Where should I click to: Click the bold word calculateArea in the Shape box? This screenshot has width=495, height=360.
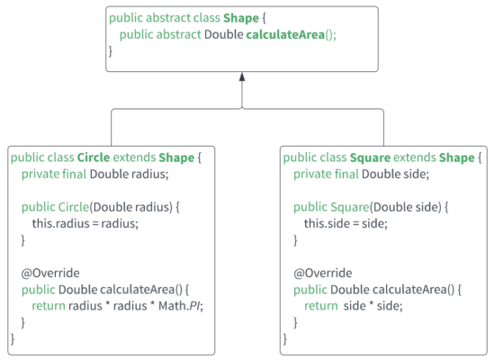[285, 34]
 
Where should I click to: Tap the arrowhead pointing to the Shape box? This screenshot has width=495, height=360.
[242, 76]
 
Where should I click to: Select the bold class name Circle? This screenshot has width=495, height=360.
[94, 157]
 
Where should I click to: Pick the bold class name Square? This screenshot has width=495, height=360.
[370, 157]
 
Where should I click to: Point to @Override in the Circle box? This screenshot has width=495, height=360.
[50, 273]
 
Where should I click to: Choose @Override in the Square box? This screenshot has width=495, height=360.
[322, 273]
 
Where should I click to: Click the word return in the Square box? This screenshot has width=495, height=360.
[321, 306]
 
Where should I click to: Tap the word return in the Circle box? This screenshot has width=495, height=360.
[49, 306]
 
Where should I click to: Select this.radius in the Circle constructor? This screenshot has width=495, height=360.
[61, 223]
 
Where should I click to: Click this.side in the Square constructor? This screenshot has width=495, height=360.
[327, 223]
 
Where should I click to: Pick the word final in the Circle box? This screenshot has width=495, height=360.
[74, 174]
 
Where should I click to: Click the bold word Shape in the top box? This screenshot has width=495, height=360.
[241, 18]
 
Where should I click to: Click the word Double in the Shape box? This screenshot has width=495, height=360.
[224, 34]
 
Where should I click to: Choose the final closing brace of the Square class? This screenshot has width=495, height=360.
[285, 338]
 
